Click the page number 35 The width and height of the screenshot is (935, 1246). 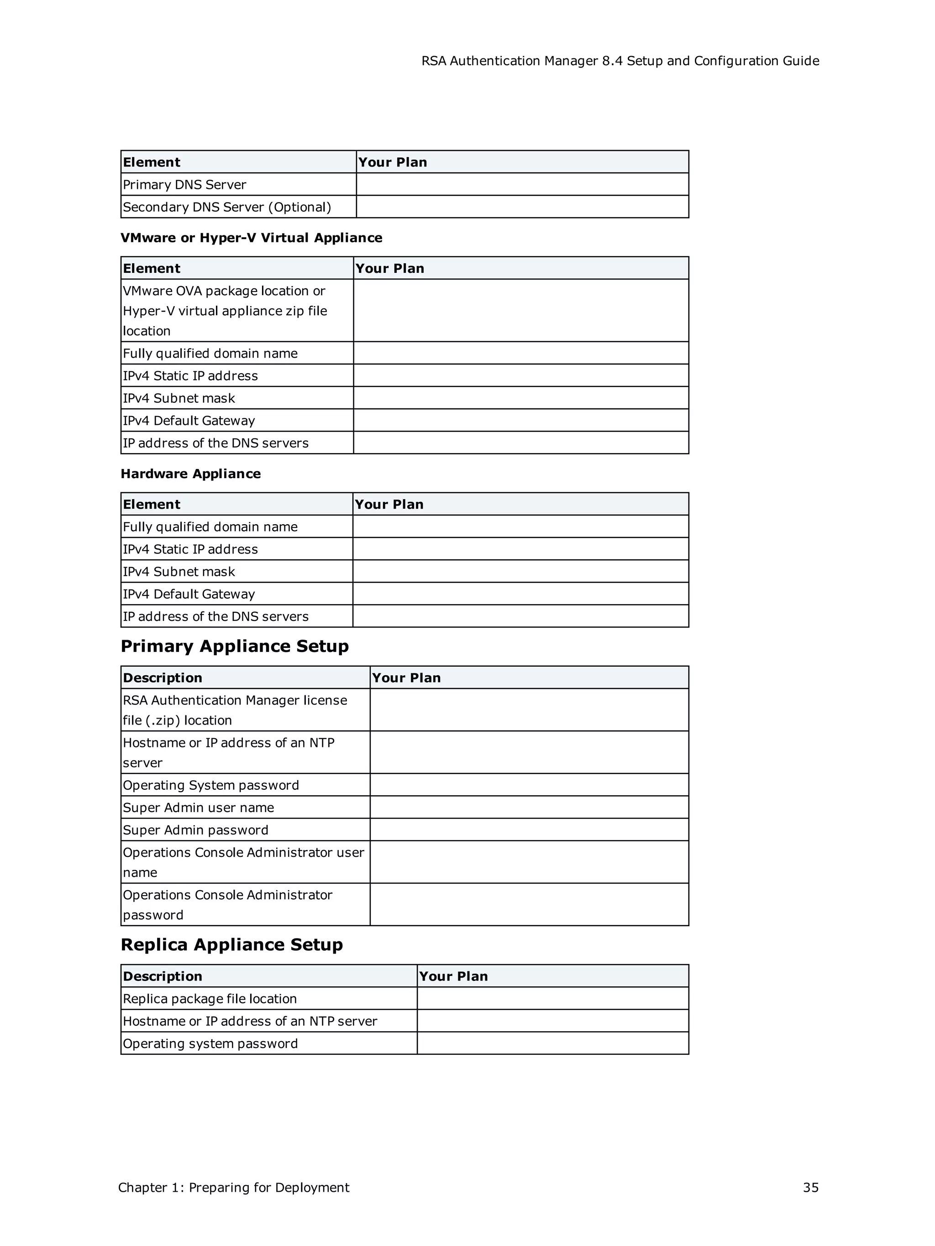coord(810,1188)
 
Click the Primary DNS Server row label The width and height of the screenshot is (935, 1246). coord(184,185)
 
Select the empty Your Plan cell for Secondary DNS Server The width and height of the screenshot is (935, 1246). coord(522,207)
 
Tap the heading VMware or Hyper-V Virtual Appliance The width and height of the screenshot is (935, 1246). coord(252,238)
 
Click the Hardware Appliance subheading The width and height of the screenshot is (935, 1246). coord(190,474)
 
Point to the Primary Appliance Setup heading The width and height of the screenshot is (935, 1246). coord(235,646)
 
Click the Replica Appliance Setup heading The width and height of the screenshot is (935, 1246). coord(231,944)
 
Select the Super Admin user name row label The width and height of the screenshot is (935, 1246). coord(199,807)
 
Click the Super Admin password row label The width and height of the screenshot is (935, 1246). coord(195,830)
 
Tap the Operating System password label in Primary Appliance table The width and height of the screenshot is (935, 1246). coord(211,785)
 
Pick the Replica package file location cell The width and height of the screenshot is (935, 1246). coord(210,999)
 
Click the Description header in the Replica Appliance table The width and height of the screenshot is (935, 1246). coord(163,976)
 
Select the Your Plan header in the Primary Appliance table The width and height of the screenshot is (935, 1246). coord(406,678)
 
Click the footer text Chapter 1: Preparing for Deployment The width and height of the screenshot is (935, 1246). coord(233,1188)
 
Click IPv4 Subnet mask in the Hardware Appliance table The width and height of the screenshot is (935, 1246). coord(179,572)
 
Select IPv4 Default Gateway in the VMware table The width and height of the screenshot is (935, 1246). coord(189,421)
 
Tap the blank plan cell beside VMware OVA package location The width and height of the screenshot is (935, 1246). coord(521,310)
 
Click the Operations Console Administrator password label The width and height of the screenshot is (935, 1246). coord(228,904)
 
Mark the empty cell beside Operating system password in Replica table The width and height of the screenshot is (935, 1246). coord(552,1043)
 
